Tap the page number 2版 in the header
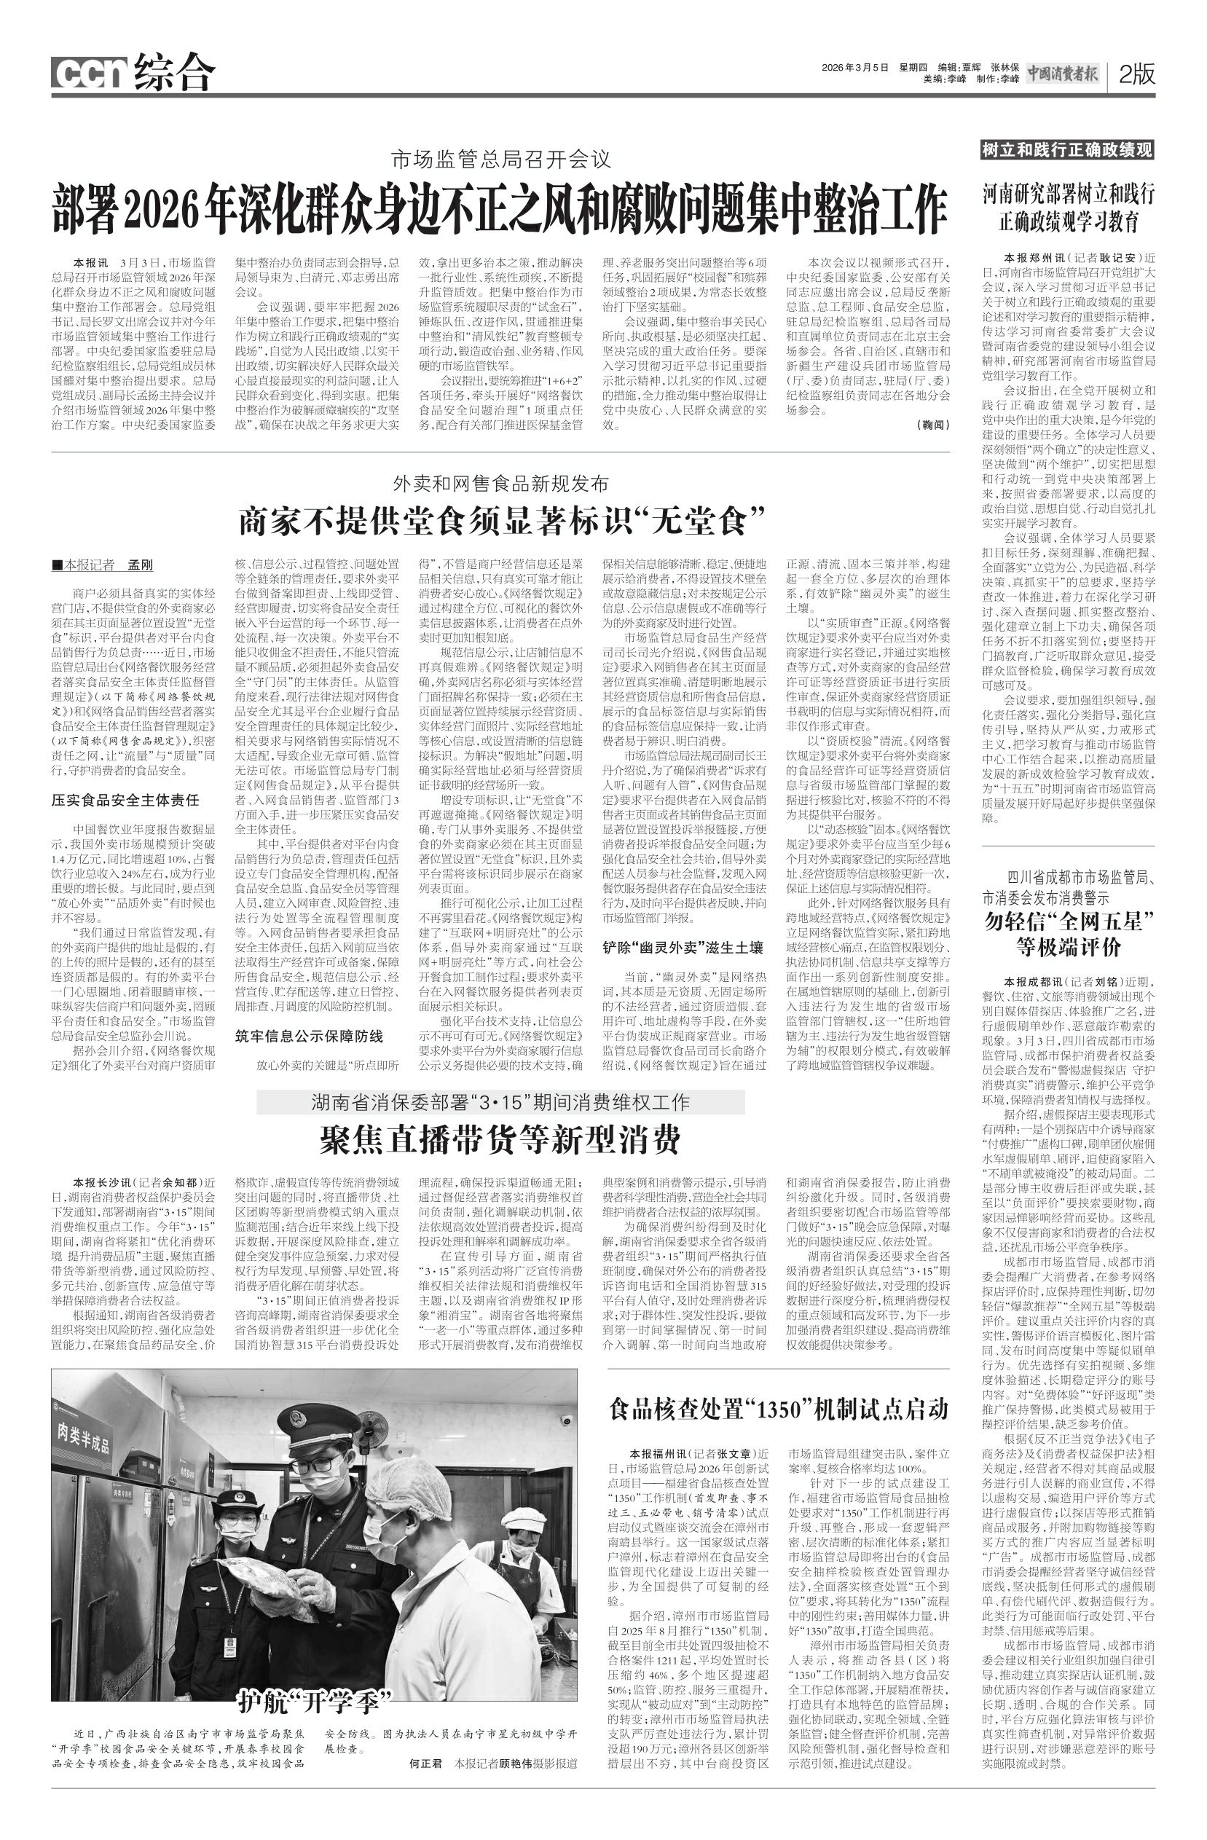[1136, 74]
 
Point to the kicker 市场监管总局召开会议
[500, 160]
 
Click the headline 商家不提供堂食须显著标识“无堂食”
[500, 521]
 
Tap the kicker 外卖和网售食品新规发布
[500, 484]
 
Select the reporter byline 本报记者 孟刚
[103, 565]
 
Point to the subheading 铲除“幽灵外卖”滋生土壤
[683, 947]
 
